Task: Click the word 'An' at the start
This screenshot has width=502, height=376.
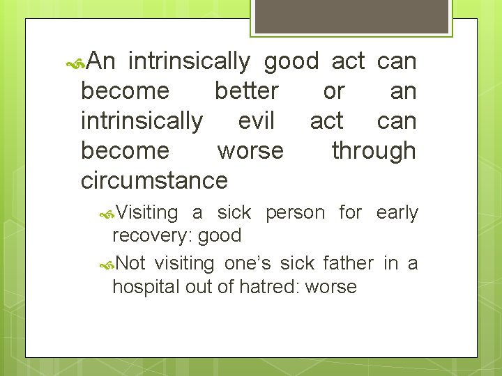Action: click(102, 61)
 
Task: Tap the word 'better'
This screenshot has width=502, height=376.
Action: click(246, 91)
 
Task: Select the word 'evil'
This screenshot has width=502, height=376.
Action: click(256, 121)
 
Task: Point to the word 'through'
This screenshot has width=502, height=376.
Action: click(374, 150)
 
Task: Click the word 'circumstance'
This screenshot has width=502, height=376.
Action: click(154, 180)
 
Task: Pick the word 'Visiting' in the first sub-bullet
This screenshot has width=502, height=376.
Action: click(146, 212)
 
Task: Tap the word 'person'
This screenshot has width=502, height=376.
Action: click(294, 212)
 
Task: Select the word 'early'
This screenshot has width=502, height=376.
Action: click(397, 212)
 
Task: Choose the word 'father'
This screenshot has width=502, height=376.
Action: click(349, 263)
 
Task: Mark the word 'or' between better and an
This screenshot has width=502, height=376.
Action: click(334, 91)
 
